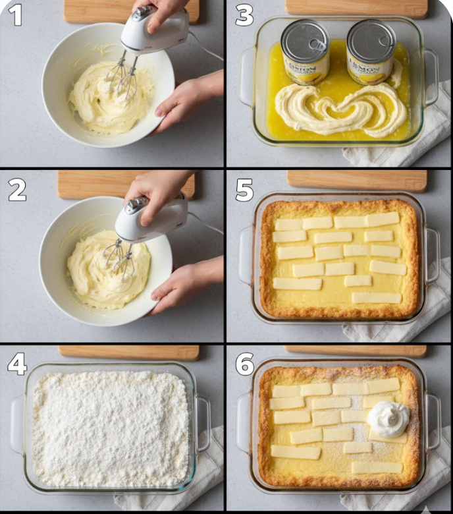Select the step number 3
244,14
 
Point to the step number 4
17,364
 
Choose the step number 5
244,190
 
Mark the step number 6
245,364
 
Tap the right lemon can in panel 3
371,51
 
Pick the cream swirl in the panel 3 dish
339,109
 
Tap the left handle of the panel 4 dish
17,425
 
